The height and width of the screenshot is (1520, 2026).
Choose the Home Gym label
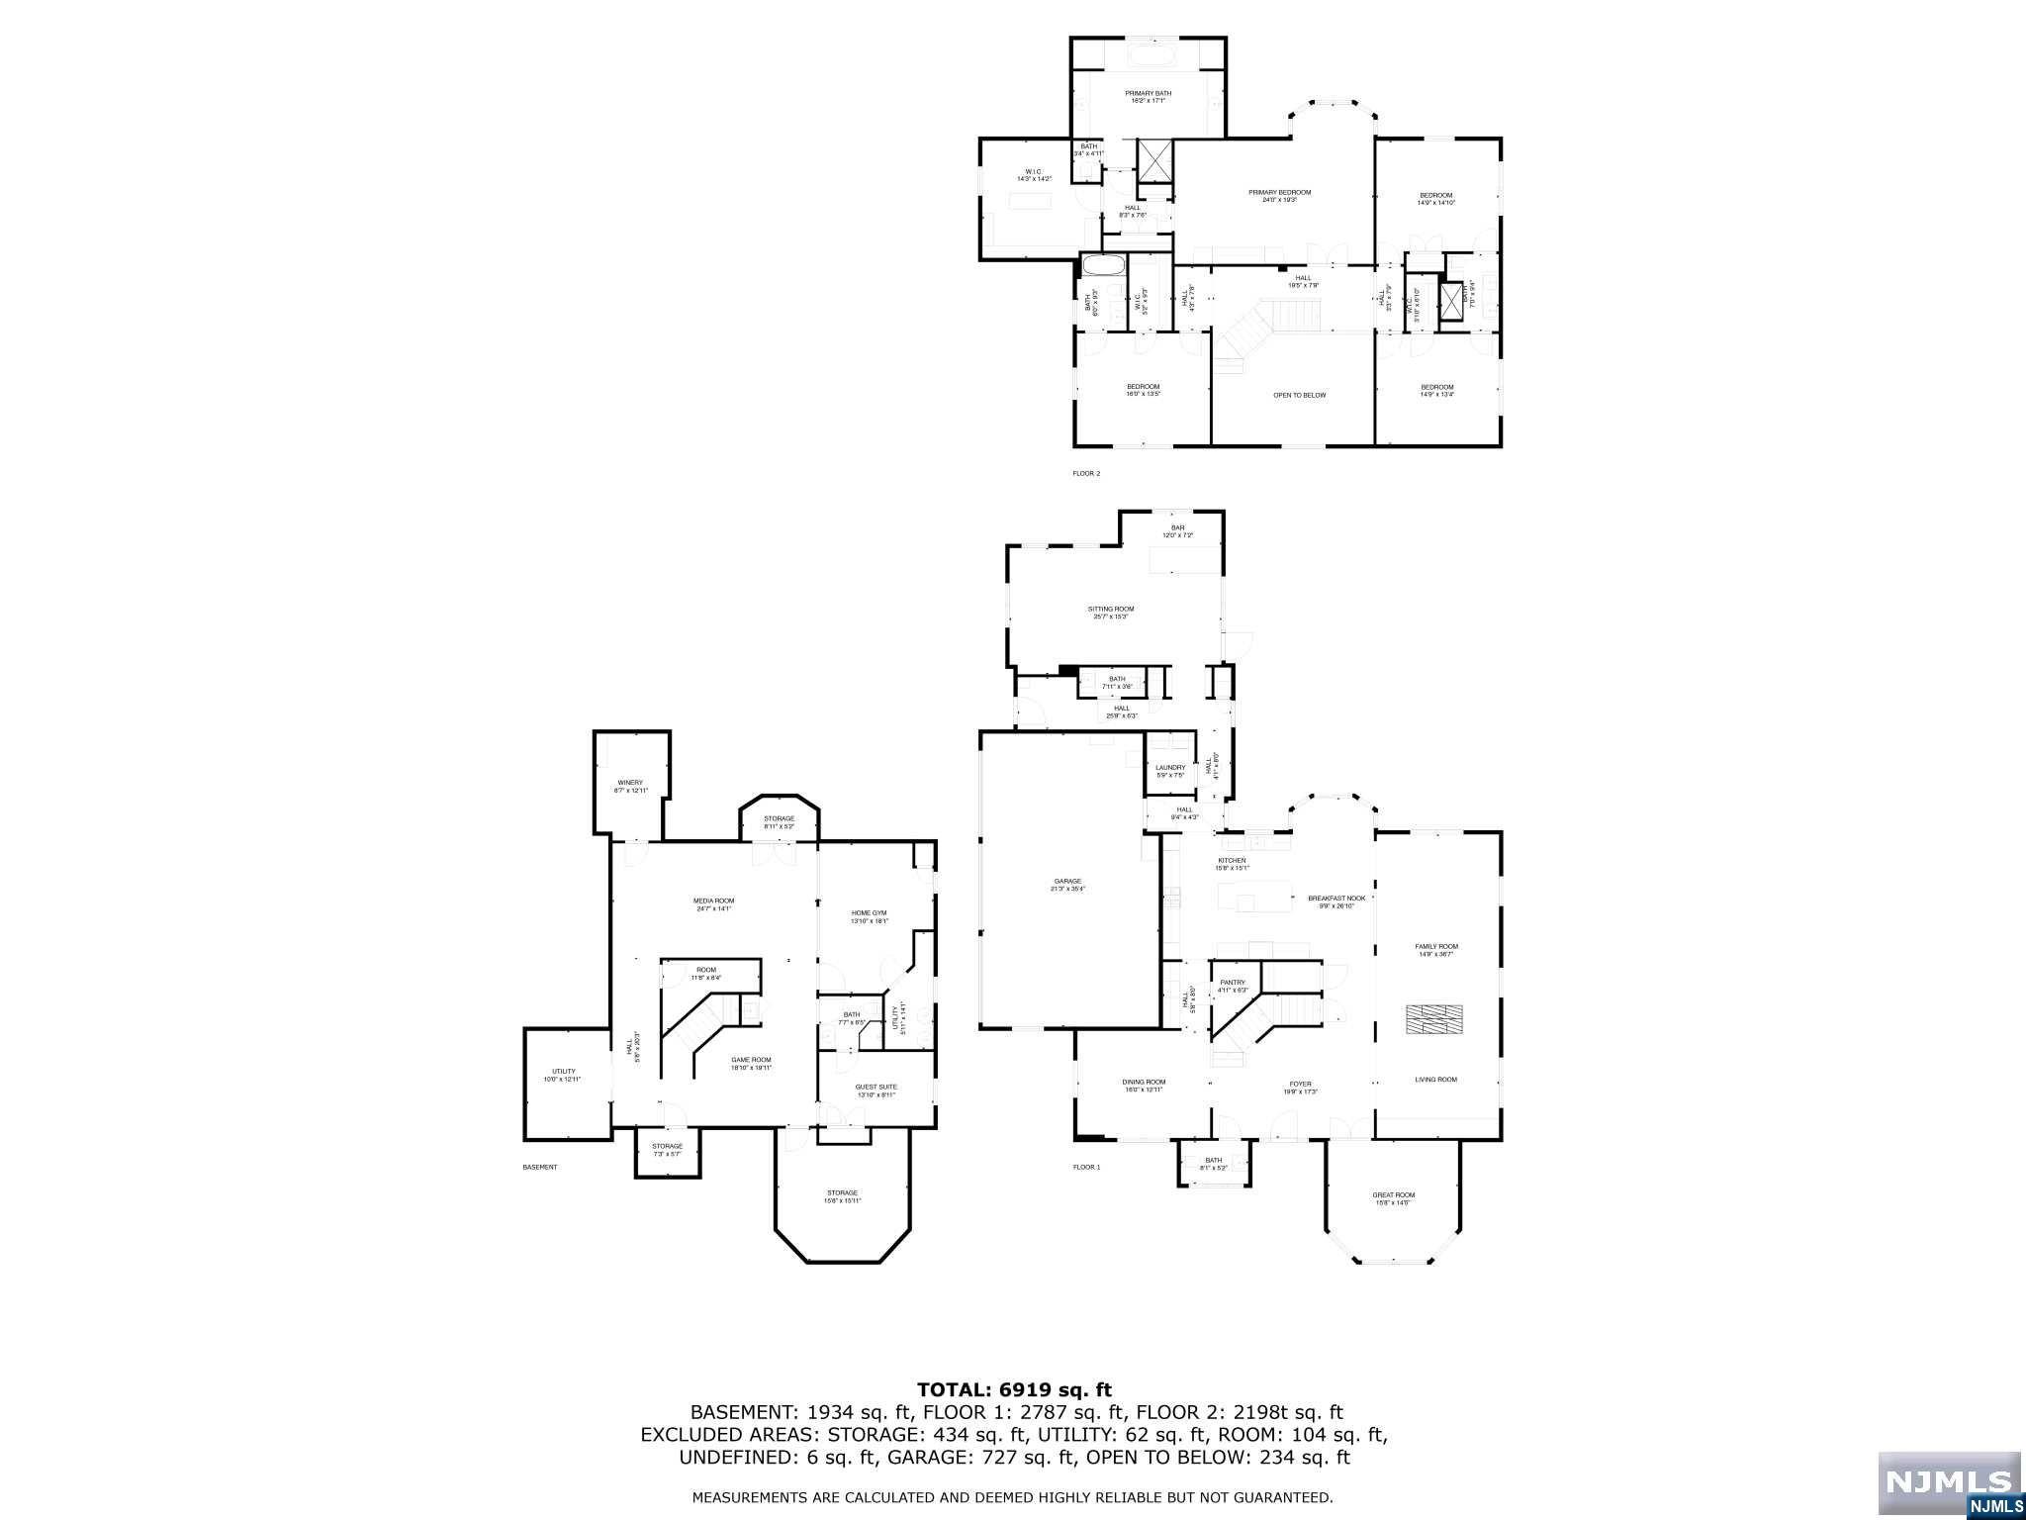870,916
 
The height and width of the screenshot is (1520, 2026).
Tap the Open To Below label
1299,395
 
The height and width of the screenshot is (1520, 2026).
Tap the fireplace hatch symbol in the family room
1435,1019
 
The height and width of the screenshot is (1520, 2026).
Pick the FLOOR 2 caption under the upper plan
1086,474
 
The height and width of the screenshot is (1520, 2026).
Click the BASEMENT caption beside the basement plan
539,1168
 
